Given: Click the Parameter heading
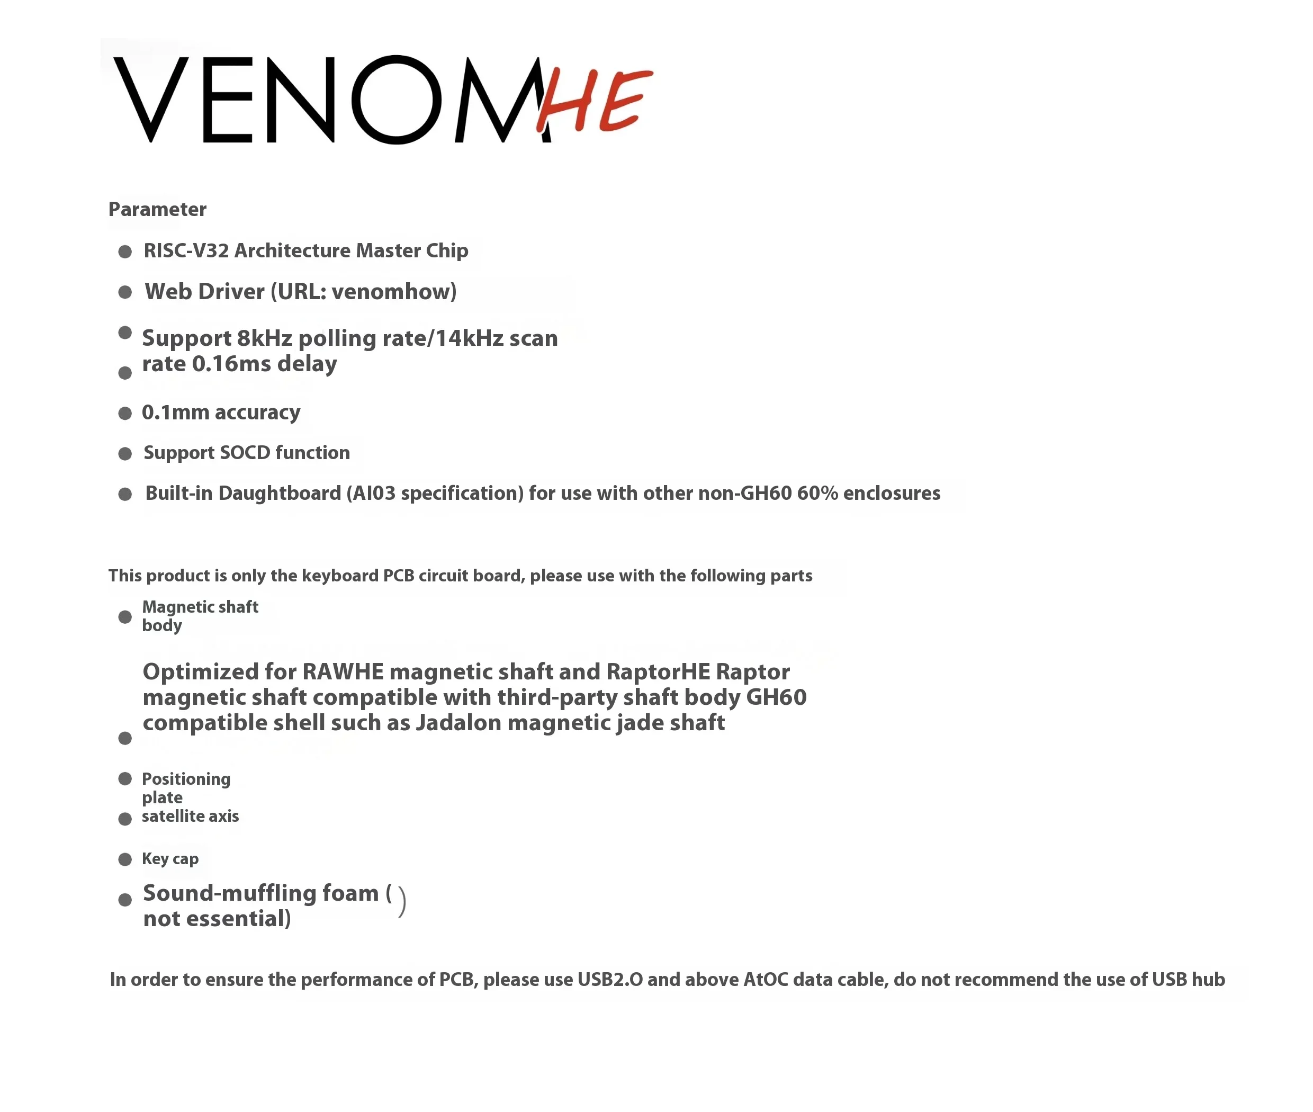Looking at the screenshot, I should click(157, 209).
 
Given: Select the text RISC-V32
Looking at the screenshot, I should click(186, 251).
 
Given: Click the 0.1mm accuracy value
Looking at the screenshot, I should click(175, 412).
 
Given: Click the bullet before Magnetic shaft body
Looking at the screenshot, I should click(125, 617).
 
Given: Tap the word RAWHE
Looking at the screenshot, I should click(343, 672).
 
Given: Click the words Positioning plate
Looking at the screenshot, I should click(185, 788).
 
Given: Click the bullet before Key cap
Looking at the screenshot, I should click(125, 859).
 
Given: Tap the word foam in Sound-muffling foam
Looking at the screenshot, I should click(350, 893).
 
